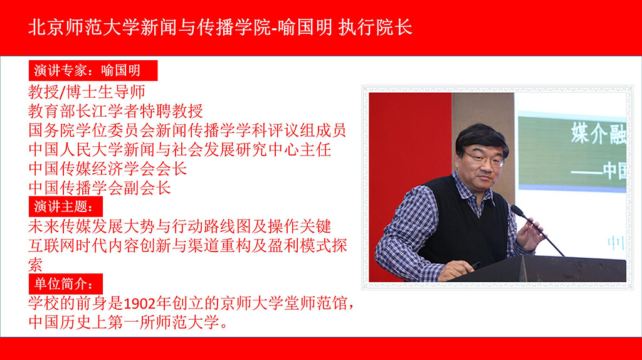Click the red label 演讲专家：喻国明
pos(93,70)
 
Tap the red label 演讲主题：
pos(65,206)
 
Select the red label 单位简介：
pos(65,283)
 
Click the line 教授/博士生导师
pos(87,92)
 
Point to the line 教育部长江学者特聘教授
pos(115,111)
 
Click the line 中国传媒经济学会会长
pos(108,169)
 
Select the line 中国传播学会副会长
pos(100,188)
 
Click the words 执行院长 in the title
pos(376,28)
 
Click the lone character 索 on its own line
pos(36,265)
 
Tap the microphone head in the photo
pos(518,211)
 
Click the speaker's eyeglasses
pos(485,159)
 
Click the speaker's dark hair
pos(482,137)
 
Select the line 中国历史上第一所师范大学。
pos(128,322)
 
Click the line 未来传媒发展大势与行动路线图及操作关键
pos(180,226)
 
